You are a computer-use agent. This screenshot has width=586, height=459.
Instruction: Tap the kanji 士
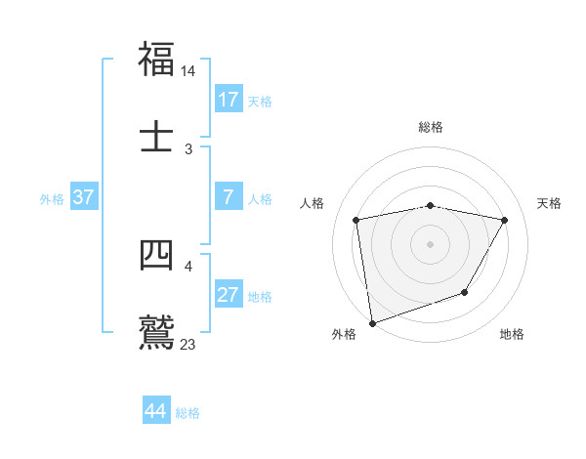[156, 137]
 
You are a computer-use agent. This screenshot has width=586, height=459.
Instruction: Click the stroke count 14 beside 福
[188, 71]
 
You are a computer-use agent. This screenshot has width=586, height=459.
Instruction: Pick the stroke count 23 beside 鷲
[188, 345]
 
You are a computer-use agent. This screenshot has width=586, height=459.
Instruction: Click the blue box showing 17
[229, 100]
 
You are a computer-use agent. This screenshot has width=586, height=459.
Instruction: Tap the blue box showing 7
[229, 197]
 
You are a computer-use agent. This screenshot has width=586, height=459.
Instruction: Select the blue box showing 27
[229, 295]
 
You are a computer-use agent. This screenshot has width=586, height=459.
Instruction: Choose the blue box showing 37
[83, 197]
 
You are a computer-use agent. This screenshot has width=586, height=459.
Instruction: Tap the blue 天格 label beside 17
[260, 101]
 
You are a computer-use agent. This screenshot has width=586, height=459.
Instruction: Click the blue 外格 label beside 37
[52, 198]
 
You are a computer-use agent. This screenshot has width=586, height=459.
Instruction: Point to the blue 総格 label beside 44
[188, 413]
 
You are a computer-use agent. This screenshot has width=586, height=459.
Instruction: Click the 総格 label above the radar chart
[431, 127]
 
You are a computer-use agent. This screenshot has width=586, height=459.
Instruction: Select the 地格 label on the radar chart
[512, 335]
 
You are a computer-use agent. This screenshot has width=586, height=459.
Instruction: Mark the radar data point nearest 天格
[505, 220]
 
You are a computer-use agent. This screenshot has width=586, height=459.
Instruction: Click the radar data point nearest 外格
[372, 322]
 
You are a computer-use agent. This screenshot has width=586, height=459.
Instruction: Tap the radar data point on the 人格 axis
[356, 220]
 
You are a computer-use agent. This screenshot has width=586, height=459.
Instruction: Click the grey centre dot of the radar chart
[430, 243]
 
